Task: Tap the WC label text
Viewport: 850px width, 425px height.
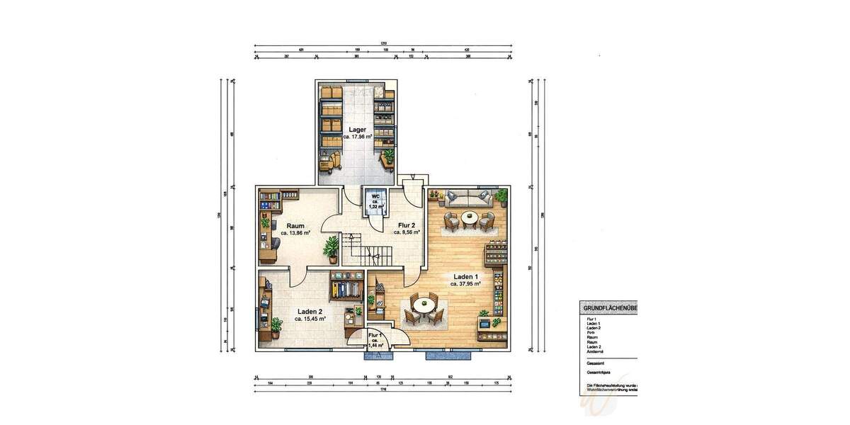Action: coord(375,196)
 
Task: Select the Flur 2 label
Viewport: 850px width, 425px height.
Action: coord(407,225)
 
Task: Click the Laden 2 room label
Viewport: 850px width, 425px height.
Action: coord(310,312)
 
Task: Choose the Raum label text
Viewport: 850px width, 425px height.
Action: coord(295,226)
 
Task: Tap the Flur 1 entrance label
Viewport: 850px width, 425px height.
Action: coord(375,334)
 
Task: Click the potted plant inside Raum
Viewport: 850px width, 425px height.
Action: coord(330,247)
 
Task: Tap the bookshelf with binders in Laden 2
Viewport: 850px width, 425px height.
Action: coord(346,290)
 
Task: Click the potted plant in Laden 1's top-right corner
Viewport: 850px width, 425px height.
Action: coord(501,195)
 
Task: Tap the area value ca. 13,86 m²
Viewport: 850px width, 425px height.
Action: coord(295,233)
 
